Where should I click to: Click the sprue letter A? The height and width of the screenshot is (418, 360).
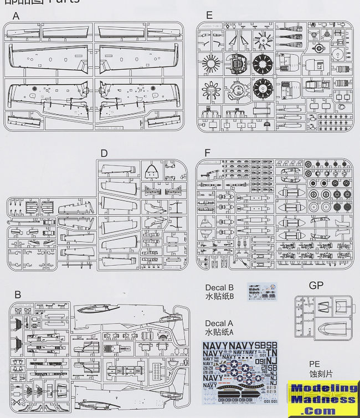(x=16, y=16)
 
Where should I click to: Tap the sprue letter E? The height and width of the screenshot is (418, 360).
(x=209, y=16)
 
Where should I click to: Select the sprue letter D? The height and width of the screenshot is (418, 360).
(x=104, y=153)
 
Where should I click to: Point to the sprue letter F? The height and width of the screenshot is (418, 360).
(x=208, y=152)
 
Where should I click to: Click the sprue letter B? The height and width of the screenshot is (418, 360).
(x=18, y=295)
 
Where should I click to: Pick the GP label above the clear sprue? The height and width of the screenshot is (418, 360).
(x=316, y=286)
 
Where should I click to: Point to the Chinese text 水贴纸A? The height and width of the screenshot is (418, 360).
(x=220, y=333)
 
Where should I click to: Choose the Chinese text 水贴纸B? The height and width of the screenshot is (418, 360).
(x=220, y=297)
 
